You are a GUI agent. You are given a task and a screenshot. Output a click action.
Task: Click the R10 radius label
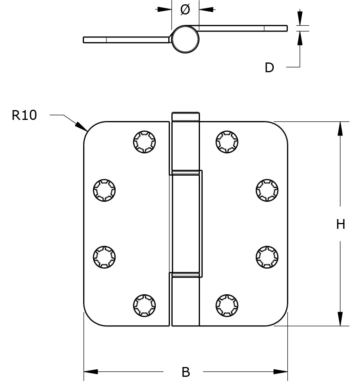coord(24,115)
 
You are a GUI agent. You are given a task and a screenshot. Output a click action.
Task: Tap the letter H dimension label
coord(340,224)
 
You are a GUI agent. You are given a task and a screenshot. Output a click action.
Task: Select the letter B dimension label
coord(186,372)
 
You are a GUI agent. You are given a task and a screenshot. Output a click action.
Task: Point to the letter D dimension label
coord(269,68)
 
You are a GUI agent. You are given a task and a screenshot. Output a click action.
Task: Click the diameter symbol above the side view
coord(185,10)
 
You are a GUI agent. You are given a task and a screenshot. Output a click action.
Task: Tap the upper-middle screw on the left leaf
coord(104,191)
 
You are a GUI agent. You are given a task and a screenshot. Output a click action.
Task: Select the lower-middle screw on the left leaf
coord(104,257)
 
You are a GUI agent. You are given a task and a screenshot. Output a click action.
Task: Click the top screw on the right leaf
coord(226,141)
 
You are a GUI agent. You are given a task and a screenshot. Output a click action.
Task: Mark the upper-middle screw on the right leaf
coord(267,191)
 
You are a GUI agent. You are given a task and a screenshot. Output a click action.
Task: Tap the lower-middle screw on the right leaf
coord(267,257)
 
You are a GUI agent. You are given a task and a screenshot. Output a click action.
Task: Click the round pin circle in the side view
coord(185,39)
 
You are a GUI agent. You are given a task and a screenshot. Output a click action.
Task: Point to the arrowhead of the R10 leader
coord(82,127)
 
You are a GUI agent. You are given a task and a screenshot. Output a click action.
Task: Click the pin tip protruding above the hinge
coord(185,116)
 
